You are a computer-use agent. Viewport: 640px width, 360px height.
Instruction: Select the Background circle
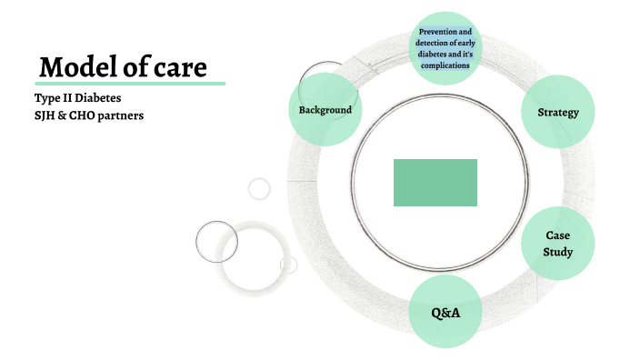(x=325, y=110)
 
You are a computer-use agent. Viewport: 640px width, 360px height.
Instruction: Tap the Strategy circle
(x=558, y=113)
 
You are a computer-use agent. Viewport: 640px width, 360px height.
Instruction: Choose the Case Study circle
(x=557, y=244)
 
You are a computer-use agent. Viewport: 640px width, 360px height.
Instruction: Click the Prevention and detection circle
(x=444, y=47)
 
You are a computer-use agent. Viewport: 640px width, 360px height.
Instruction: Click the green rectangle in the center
(x=435, y=183)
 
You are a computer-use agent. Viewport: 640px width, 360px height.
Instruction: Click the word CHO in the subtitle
(x=81, y=115)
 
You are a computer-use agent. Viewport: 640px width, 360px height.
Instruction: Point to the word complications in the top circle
(x=445, y=65)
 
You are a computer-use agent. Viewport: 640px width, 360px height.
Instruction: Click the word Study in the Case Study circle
(x=557, y=252)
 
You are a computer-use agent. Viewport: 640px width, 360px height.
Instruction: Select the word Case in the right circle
(x=557, y=235)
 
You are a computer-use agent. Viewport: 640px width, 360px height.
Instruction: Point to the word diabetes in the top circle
(x=434, y=54)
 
